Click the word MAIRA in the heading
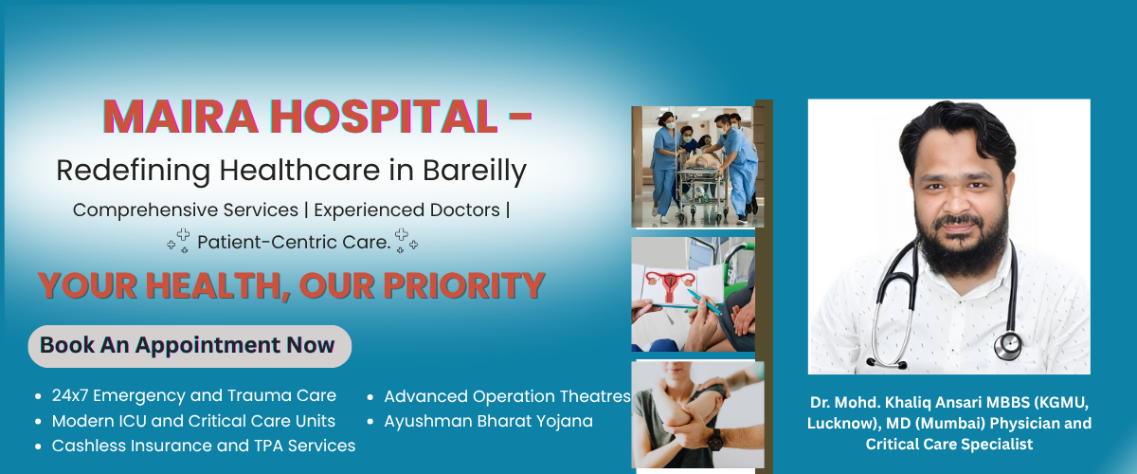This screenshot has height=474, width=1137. coord(180,117)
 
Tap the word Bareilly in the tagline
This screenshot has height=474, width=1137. coord(475,171)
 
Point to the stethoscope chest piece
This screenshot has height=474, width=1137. coord(1008,345)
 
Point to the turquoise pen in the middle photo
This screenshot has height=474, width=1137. coord(705,301)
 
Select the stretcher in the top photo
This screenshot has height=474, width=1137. coord(703,189)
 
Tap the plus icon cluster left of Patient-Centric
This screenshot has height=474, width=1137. coord(179,241)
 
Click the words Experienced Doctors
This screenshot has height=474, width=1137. coord(406,210)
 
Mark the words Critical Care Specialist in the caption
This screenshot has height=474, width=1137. coord(949,445)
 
